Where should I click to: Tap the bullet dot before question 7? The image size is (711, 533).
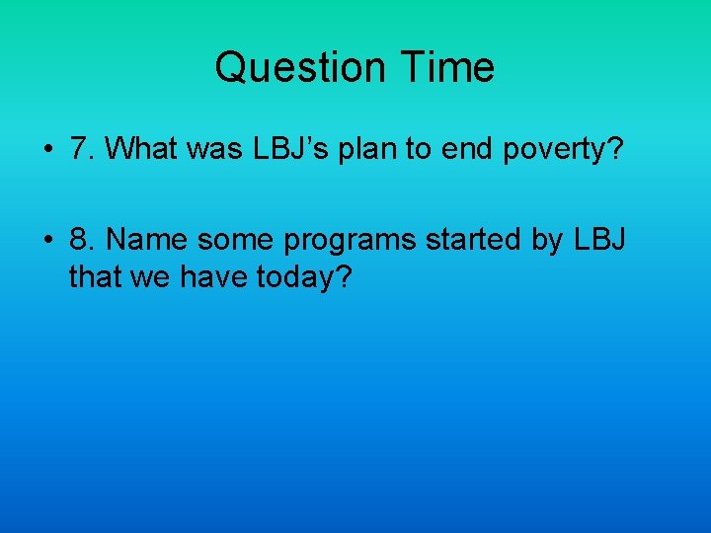pyautogui.click(x=47, y=150)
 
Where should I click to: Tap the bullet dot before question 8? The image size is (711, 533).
pyautogui.click(x=47, y=241)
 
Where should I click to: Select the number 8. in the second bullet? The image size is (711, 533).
pyautogui.click(x=82, y=240)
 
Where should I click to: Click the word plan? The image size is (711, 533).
pyautogui.click(x=374, y=149)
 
